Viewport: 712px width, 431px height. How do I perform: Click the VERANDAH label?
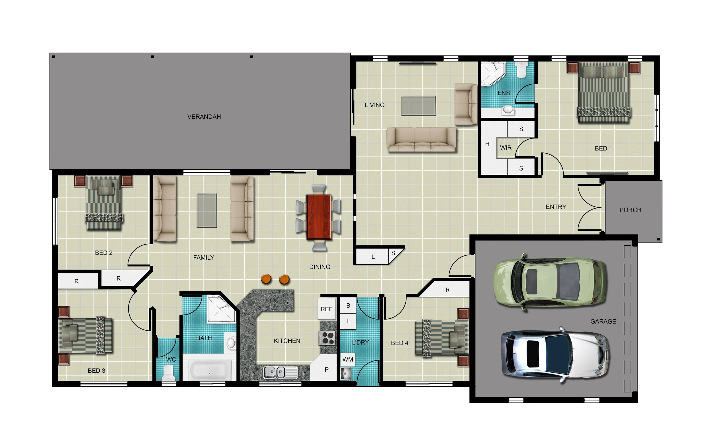point(204,117)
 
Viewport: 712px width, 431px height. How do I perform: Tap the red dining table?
point(319,217)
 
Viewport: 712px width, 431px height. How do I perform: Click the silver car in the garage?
point(555,355)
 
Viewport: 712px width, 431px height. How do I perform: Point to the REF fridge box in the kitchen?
point(327,309)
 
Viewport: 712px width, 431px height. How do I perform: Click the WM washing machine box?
point(348,359)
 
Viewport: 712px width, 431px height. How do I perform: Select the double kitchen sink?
point(280,372)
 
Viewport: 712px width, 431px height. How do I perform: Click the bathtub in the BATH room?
point(210,371)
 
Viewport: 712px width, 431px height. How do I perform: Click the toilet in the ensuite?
point(521,70)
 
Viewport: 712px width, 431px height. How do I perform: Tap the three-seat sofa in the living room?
point(422,139)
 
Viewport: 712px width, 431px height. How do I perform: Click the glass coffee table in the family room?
point(206,211)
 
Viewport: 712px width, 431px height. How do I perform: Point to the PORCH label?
point(630,210)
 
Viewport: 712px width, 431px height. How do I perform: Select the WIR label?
point(506,148)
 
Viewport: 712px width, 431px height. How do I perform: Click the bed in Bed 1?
point(604,93)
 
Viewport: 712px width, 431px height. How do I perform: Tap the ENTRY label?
point(556,207)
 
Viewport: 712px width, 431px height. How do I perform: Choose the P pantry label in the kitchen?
point(327,369)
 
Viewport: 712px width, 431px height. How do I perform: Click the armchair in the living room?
point(466,104)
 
